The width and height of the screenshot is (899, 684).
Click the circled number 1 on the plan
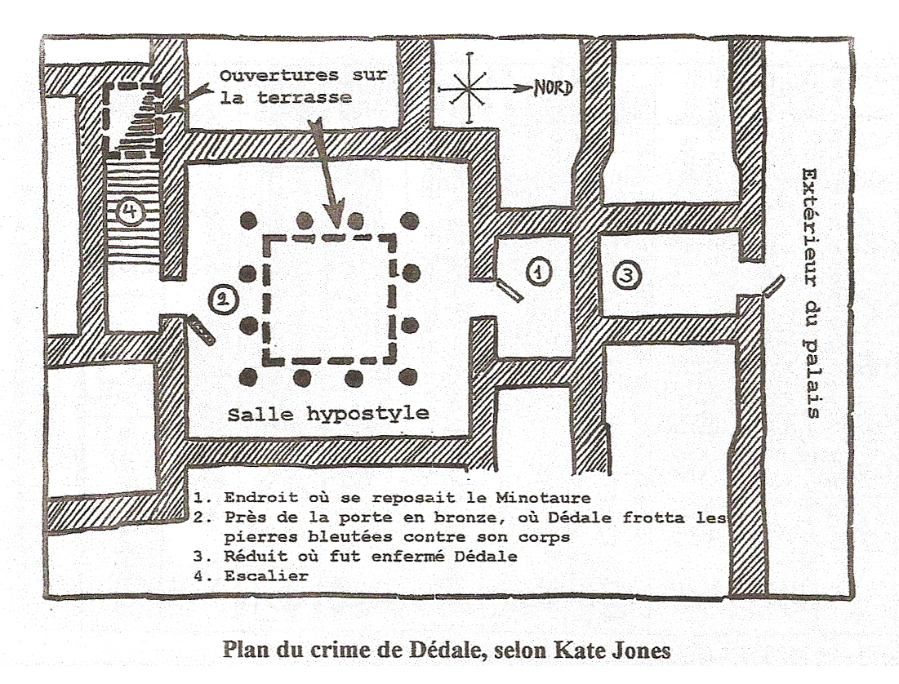[538, 270]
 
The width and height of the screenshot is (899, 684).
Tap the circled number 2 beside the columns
[221, 300]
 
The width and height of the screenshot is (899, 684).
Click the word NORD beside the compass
[553, 88]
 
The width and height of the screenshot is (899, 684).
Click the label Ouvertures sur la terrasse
[302, 87]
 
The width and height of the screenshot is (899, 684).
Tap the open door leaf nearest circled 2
[201, 329]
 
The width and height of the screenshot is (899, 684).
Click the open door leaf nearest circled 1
[509, 290]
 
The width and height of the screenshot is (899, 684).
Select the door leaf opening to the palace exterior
[772, 286]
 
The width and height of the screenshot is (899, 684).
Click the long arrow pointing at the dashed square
[327, 171]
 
